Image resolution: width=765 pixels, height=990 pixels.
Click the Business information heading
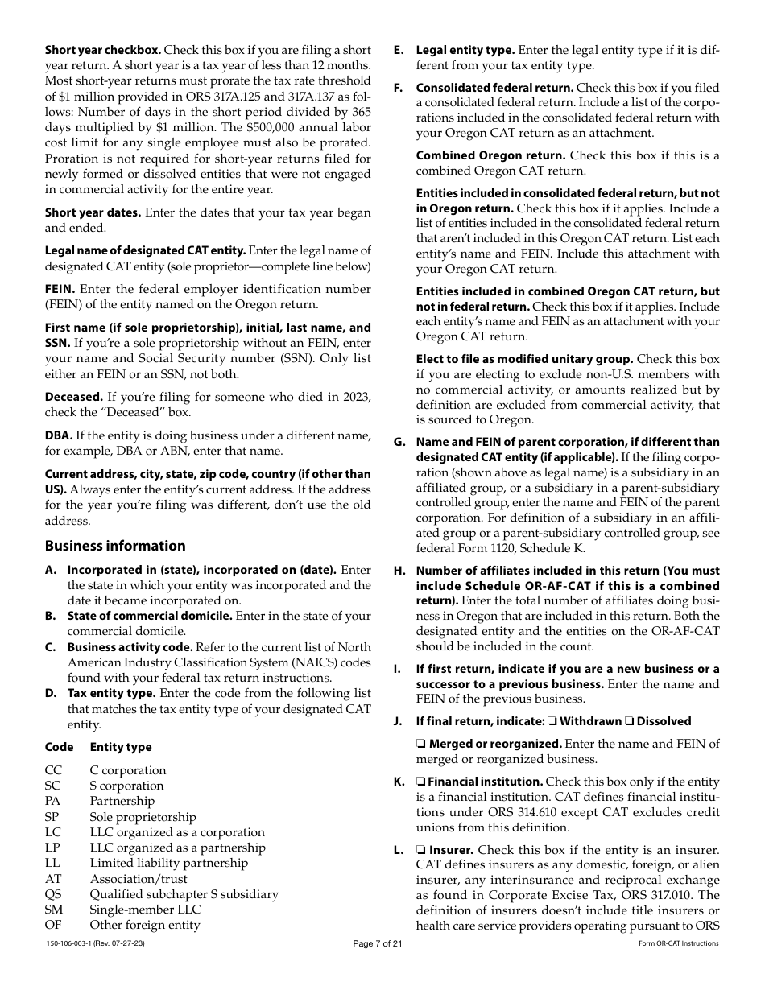coord(115,546)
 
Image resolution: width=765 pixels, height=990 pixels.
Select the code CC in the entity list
coord(53,770)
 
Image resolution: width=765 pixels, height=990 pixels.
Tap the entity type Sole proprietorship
coord(143,817)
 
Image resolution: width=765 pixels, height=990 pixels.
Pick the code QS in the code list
coord(53,894)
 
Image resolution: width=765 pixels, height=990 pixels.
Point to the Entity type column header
coord(121,747)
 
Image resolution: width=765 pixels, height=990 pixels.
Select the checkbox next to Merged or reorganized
coord(420,745)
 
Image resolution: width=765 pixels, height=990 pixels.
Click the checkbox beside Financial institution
coord(420,782)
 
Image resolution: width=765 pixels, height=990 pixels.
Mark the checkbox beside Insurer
coord(420,850)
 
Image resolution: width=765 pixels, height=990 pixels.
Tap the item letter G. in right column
coord(399,442)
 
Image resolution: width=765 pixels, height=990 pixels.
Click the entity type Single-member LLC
coord(145,910)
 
